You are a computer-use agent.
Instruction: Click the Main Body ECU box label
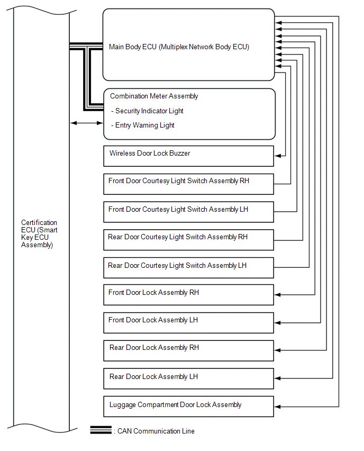coord(179,47)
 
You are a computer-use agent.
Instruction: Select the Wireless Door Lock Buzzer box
coord(188,156)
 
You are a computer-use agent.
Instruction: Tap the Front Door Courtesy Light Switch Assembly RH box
coord(188,184)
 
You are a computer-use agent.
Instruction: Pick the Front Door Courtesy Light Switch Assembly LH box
coord(188,212)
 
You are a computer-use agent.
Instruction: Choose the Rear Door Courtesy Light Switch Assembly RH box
coord(188,239)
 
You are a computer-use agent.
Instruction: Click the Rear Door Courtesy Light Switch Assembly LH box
coord(188,268)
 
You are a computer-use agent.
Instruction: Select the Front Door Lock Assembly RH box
coord(188,295)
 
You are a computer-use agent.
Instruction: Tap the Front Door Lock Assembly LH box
coord(188,322)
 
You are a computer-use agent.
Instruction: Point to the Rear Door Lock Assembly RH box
coord(188,350)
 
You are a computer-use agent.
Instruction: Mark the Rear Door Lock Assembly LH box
coord(188,378)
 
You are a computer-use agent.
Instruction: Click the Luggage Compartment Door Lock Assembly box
coord(188,406)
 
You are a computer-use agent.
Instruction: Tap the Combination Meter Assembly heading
coord(154,96)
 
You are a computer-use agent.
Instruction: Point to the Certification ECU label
coord(39,234)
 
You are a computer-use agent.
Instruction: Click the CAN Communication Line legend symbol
coord(101,430)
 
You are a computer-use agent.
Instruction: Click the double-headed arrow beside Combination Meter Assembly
coord(87,123)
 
